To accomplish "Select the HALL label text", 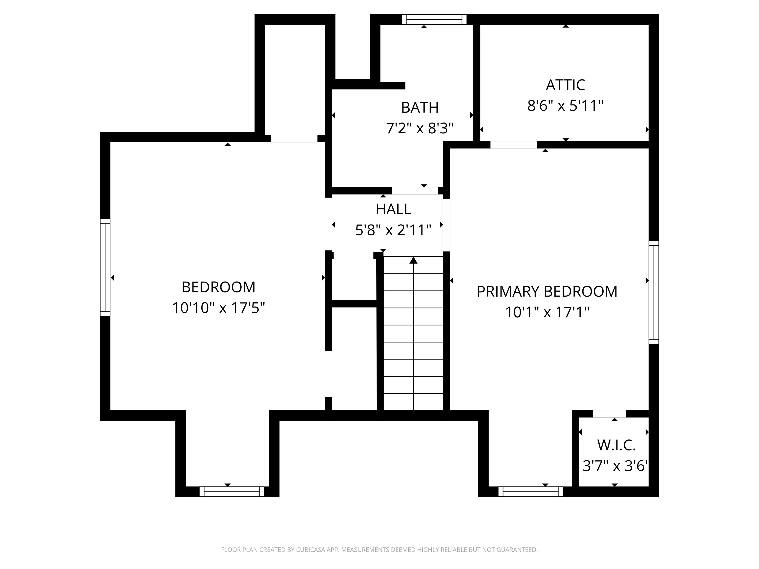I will [393, 209].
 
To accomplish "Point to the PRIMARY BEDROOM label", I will [547, 291].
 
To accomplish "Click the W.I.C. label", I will [616, 445].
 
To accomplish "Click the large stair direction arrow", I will [413, 261].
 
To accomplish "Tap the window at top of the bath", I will [434, 19].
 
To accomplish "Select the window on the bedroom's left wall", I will [105, 267].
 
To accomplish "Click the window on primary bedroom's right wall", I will [654, 292].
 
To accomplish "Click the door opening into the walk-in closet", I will [609, 414].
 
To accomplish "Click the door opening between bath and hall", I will [415, 191].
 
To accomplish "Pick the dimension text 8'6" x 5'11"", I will [565, 106].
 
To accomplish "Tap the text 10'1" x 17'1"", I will [547, 312].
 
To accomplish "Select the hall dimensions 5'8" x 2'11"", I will [393, 230].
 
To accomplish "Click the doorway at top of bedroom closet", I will [294, 139].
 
